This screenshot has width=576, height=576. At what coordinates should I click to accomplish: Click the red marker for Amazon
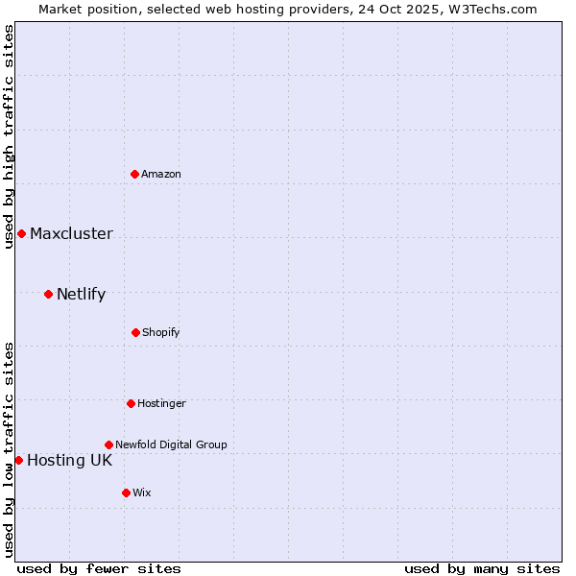pyautogui.click(x=135, y=174)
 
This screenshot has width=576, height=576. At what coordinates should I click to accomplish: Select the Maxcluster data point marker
pyautogui.click(x=21, y=233)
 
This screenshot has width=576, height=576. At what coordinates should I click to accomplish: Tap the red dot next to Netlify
pyautogui.click(x=48, y=294)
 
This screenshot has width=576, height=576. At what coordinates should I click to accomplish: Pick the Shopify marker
pyautogui.click(x=135, y=332)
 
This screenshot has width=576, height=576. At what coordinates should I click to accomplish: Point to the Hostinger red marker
pyautogui.click(x=131, y=403)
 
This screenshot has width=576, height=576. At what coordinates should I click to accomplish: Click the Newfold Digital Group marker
pyautogui.click(x=108, y=444)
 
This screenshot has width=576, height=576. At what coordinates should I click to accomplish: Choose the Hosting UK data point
pyautogui.click(x=18, y=460)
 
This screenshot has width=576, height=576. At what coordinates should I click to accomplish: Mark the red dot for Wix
pyautogui.click(x=126, y=492)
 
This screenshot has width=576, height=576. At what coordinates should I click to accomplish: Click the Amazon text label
pyautogui.click(x=161, y=174)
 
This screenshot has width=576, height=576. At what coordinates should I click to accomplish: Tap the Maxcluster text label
pyautogui.click(x=71, y=233)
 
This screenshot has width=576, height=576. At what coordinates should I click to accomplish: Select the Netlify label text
pyautogui.click(x=81, y=294)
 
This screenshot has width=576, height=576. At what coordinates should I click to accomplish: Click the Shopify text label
pyautogui.click(x=161, y=332)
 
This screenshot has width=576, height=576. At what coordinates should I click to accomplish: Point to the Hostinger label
pyautogui.click(x=161, y=403)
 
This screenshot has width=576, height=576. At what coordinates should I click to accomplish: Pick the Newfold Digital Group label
pyautogui.click(x=171, y=444)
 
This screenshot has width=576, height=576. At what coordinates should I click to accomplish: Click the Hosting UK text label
pyautogui.click(x=69, y=460)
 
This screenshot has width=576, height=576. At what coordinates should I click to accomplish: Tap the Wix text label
pyautogui.click(x=142, y=492)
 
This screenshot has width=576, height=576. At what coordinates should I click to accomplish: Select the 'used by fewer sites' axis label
pyautogui.click(x=99, y=568)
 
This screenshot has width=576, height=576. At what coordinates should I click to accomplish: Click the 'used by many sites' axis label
pyautogui.click(x=482, y=568)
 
